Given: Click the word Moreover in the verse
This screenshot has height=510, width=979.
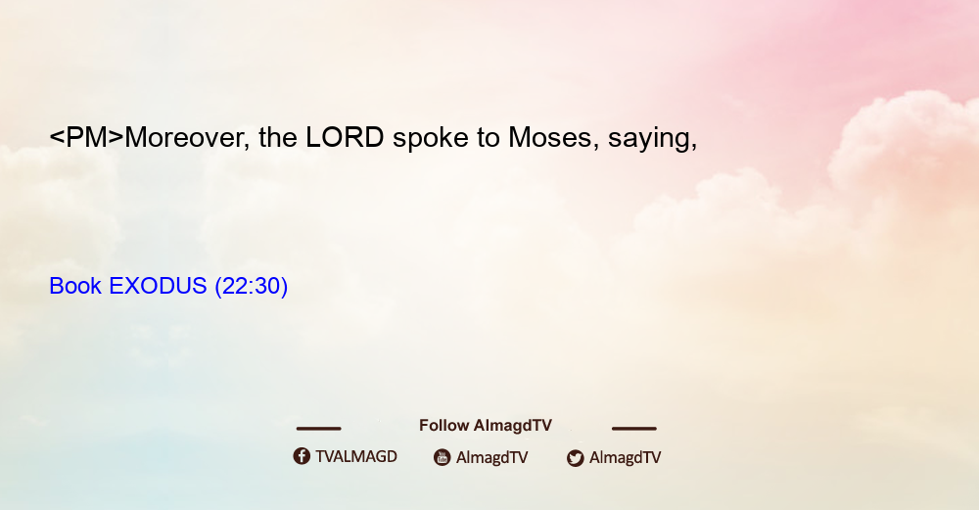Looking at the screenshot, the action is click(x=184, y=137).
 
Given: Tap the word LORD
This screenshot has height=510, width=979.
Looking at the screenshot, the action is click(x=345, y=137).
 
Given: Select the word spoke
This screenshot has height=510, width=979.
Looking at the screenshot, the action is click(x=430, y=137).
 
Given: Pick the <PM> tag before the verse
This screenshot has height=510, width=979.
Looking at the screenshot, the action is click(x=87, y=137).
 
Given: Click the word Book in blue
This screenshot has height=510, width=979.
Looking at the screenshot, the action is click(x=75, y=286).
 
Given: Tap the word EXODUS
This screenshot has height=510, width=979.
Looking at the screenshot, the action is click(x=158, y=286).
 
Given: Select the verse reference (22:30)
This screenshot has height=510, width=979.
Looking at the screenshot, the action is click(x=251, y=286).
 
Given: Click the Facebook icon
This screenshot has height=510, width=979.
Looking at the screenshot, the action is click(x=302, y=456).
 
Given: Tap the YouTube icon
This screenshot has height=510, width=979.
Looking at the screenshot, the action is click(x=443, y=457).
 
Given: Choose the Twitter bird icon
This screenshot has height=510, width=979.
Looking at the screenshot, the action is click(x=575, y=458).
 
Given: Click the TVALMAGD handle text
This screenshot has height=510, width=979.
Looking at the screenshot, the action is click(x=356, y=456).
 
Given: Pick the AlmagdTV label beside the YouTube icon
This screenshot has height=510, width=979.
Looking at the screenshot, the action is click(x=492, y=457).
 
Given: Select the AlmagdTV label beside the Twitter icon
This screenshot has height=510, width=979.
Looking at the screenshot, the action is click(x=625, y=457).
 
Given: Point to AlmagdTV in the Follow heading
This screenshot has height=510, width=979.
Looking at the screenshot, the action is click(x=513, y=426).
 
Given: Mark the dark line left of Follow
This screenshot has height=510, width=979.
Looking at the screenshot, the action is click(x=318, y=428).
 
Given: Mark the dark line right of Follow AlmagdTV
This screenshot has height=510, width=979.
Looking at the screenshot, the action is click(x=634, y=428).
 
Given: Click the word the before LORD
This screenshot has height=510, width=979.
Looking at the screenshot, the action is click(x=278, y=137).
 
